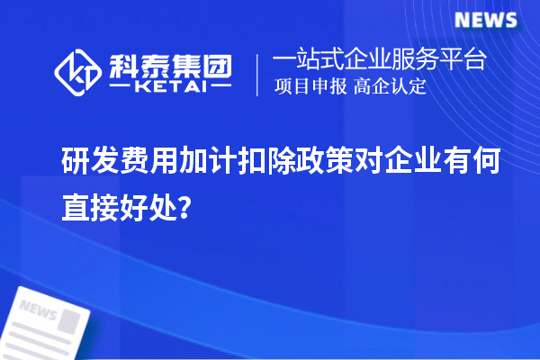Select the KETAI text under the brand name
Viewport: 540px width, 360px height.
170,88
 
